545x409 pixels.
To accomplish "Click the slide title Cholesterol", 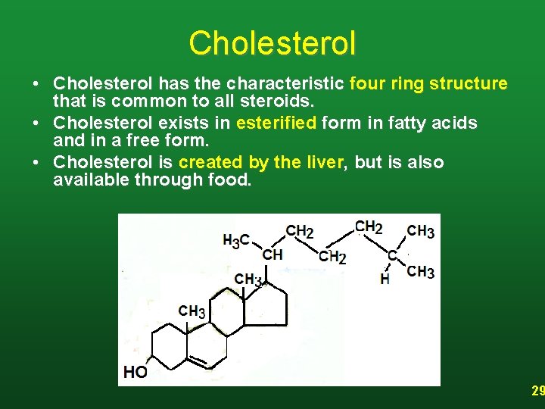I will click(x=272, y=43).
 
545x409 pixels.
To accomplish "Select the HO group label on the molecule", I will click(x=135, y=372).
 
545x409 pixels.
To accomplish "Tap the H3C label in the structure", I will click(x=236, y=241).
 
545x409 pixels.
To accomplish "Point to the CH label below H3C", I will click(x=272, y=254).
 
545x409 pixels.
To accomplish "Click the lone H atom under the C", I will click(x=385, y=279).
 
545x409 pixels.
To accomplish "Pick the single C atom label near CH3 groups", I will click(x=391, y=256).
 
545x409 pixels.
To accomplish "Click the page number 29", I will click(x=537, y=392).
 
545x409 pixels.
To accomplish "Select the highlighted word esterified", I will click(x=276, y=123).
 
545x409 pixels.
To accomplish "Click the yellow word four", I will click(x=367, y=83).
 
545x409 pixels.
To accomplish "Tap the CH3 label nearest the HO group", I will click(x=192, y=311).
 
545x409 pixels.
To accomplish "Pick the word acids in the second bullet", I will click(x=456, y=123).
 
